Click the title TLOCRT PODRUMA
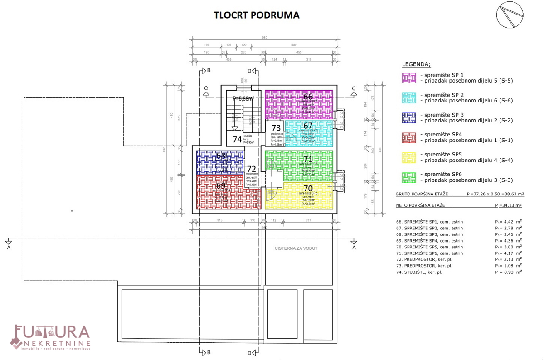pyautogui.click(x=257, y=15)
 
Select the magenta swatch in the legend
pyautogui.click(x=409, y=78)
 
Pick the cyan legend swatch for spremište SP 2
pyautogui.click(x=409, y=98)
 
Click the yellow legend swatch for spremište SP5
pyautogui.click(x=409, y=157)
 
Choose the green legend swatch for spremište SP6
pyautogui.click(x=409, y=177)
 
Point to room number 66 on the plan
pyautogui.click(x=308, y=97)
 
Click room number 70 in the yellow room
pyautogui.click(x=308, y=188)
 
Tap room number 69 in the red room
pyautogui.click(x=221, y=185)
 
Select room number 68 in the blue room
pyautogui.click(x=221, y=156)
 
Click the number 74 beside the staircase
pyautogui.click(x=237, y=140)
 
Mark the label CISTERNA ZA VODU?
pyautogui.click(x=296, y=248)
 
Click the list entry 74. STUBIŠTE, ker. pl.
pyautogui.click(x=423, y=272)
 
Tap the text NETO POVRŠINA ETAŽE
pyautogui.click(x=421, y=205)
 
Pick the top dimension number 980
pyautogui.click(x=264, y=38)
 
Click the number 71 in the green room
pyautogui.click(x=308, y=159)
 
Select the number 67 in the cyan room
pyautogui.click(x=308, y=126)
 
